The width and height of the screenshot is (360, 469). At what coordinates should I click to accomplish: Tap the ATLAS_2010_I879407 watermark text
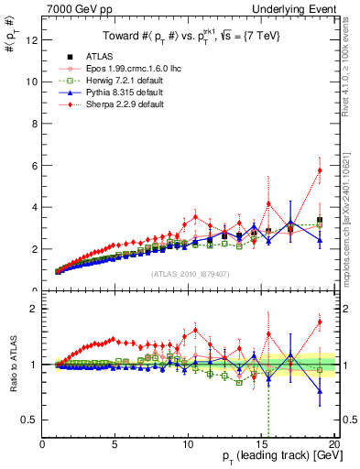pyautogui.click(x=190, y=273)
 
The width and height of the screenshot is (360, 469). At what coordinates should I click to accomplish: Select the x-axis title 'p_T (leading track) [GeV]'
pyautogui.click(x=264, y=457)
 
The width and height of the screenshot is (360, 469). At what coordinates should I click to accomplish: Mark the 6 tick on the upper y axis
pyautogui.click(x=35, y=165)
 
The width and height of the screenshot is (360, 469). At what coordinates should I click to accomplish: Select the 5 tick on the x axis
pyautogui.click(x=115, y=444)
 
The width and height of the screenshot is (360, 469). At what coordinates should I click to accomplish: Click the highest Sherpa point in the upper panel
pyautogui.click(x=320, y=169)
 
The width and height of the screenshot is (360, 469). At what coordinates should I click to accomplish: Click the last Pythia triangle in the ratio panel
pyautogui.click(x=320, y=391)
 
